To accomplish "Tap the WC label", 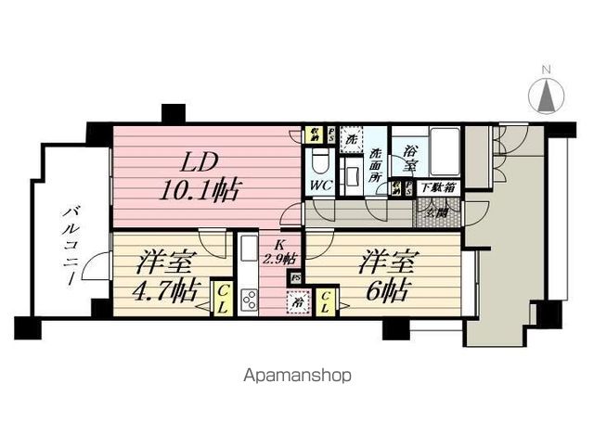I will coord(320,184).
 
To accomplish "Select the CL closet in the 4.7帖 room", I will coord(224,299).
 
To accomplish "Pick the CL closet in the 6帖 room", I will coord(329,301).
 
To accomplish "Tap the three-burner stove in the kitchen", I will coord(250,298).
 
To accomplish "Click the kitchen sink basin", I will coord(249,252).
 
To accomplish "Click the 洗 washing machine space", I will coord(352,139).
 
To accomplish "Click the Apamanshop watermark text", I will coord(296,377).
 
